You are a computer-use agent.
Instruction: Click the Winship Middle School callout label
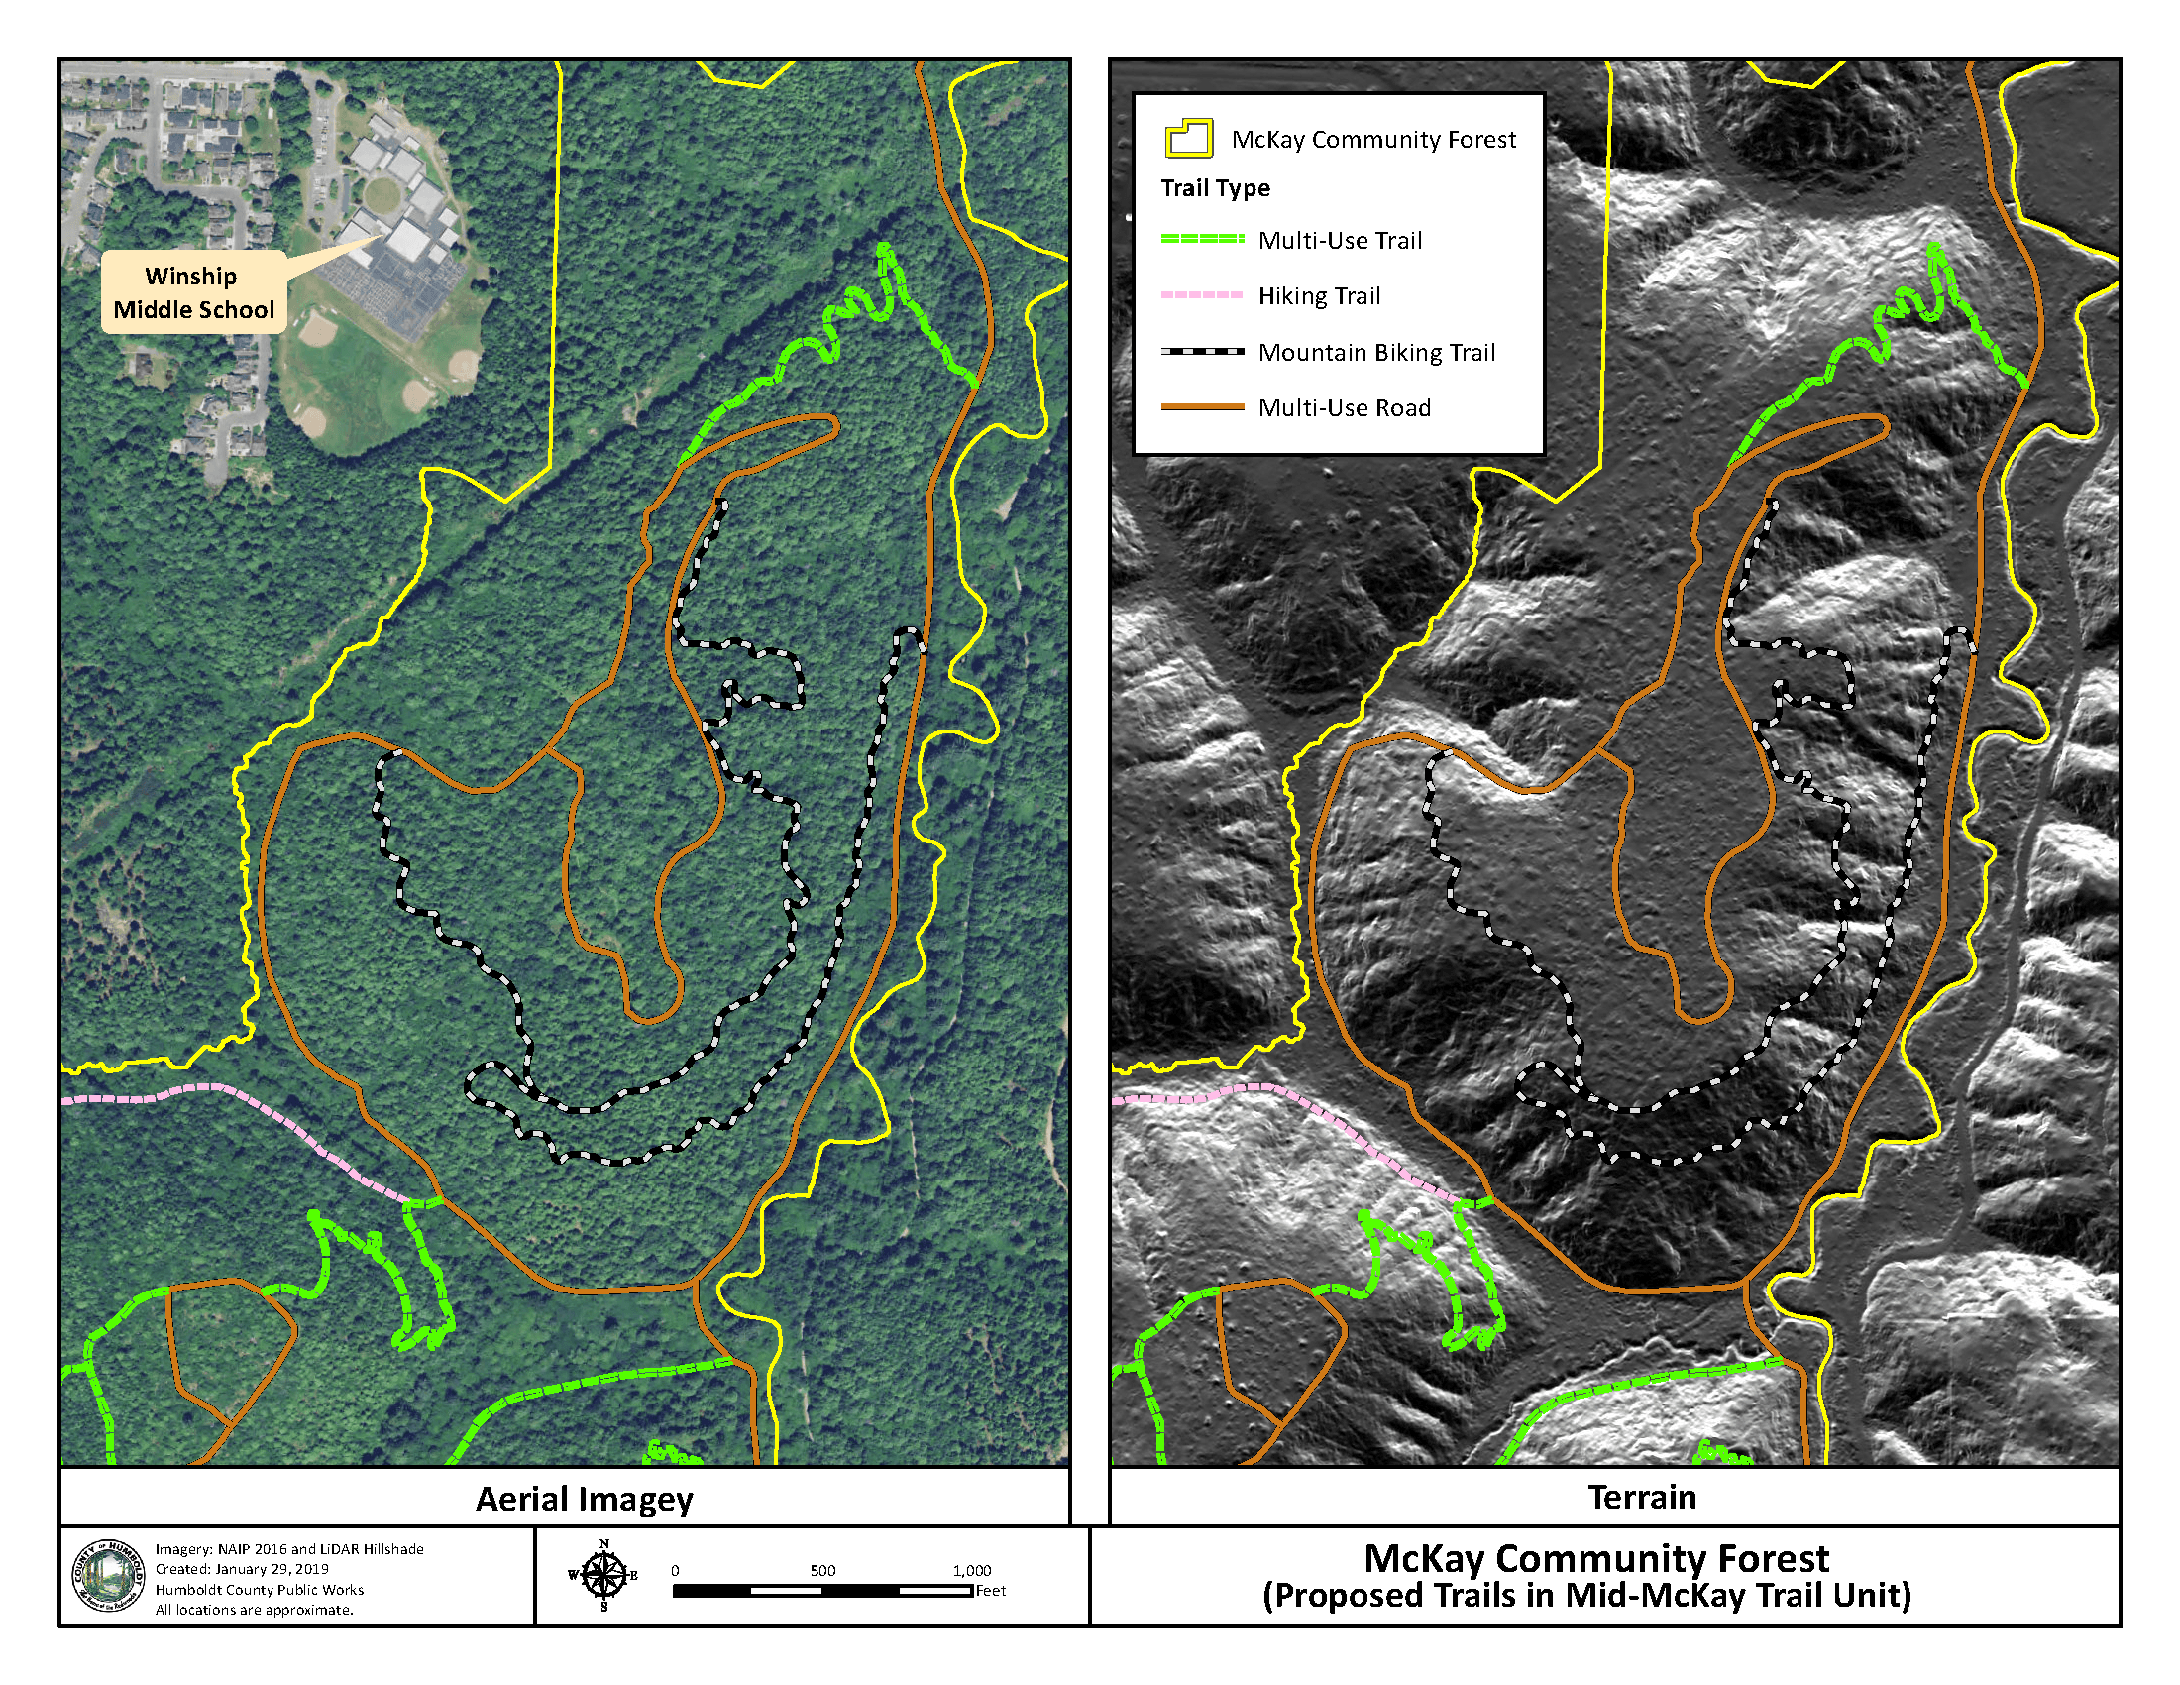click(193, 292)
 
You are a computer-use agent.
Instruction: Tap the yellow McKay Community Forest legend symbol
click(1188, 139)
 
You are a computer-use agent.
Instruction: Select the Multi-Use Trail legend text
click(1340, 241)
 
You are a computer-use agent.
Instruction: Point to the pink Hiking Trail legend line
click(1202, 295)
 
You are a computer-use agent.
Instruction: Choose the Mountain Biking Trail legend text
click(1376, 353)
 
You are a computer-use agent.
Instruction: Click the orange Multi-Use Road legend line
click(1202, 407)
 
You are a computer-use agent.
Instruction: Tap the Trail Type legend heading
click(1215, 188)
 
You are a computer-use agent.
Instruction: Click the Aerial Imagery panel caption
click(584, 1499)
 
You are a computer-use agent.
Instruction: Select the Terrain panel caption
click(1642, 1497)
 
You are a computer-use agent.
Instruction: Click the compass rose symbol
click(603, 1575)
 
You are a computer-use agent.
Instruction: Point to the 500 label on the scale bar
click(822, 1570)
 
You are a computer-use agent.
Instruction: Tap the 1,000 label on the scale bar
click(971, 1570)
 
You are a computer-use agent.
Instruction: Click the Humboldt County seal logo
click(108, 1575)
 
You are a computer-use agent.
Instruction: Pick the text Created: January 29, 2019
click(242, 1569)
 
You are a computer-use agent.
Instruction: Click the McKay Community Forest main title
click(1596, 1558)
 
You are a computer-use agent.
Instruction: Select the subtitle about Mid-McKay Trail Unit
click(1586, 1595)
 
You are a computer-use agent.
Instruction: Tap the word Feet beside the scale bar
click(990, 1591)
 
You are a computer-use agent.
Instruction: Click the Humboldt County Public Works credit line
click(259, 1589)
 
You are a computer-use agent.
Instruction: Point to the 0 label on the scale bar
click(675, 1570)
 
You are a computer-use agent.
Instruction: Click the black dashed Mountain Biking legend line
click(1202, 352)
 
